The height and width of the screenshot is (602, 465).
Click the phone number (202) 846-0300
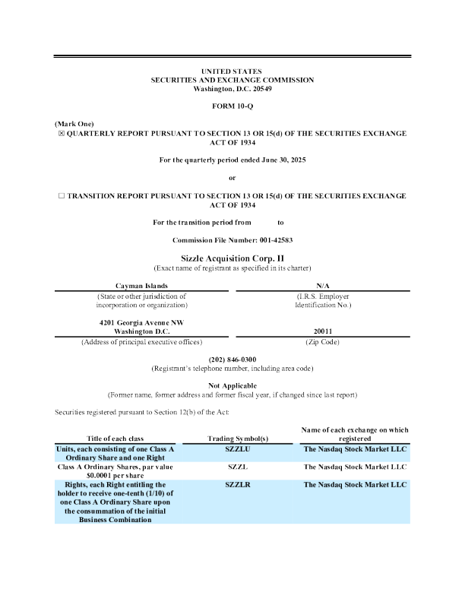click(232, 359)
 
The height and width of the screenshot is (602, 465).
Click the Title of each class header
click(115, 439)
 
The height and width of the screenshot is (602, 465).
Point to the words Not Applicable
click(232, 386)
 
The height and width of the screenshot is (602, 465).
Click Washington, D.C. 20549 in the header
click(232, 89)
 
